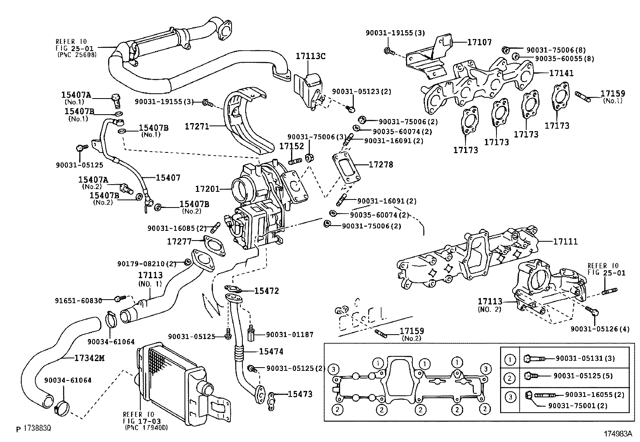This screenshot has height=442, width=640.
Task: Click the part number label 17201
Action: pos(207,189)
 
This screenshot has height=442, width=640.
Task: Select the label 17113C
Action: pos(311,56)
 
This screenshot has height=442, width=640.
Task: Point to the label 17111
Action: pos(565,242)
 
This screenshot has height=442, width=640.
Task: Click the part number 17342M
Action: pos(89,358)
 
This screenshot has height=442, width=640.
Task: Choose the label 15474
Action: pos(271,352)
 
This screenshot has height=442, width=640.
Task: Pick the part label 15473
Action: pos(300,394)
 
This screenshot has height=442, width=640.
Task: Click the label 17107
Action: pos(479,42)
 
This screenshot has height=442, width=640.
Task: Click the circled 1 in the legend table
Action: pos(510,359)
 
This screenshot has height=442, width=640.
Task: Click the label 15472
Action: pos(266,290)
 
